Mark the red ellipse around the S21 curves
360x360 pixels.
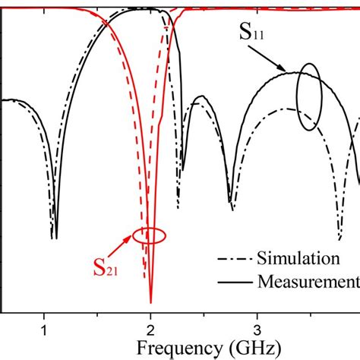pos(148,235)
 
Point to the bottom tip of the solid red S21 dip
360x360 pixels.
pos(151,302)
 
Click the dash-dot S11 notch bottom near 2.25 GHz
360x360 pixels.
pos(178,207)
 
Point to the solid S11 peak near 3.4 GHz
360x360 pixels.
pos(292,73)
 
